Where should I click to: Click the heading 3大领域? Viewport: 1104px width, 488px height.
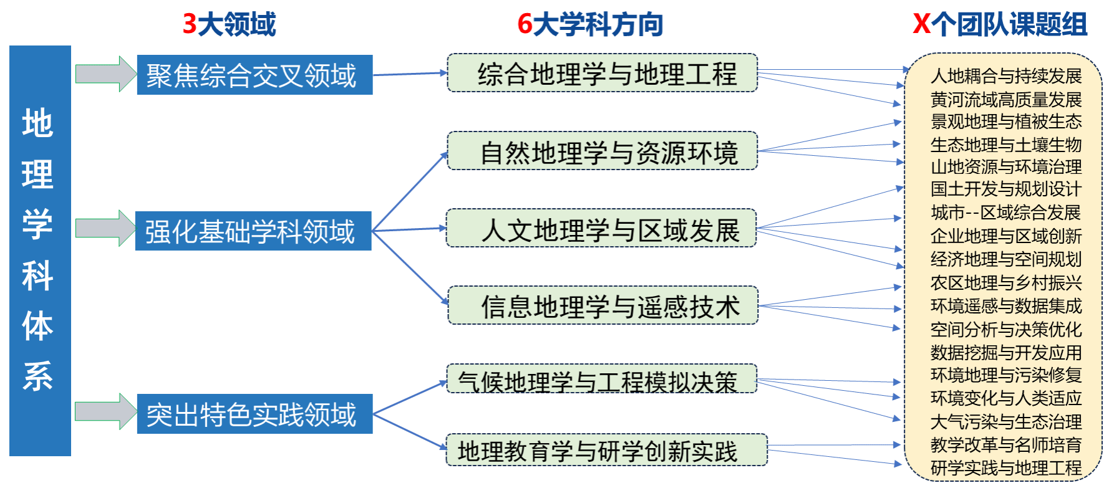(x=229, y=24)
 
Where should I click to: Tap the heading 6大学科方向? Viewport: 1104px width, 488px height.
(x=589, y=24)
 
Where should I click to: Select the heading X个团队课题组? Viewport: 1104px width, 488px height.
(x=1000, y=24)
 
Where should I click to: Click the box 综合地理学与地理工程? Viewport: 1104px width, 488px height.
(x=603, y=74)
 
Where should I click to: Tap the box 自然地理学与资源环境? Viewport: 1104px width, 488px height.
(x=603, y=151)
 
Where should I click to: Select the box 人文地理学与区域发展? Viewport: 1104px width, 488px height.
(x=601, y=229)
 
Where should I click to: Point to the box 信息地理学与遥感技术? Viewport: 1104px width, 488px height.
(x=603, y=306)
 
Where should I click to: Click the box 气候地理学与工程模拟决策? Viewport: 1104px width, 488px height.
(x=601, y=380)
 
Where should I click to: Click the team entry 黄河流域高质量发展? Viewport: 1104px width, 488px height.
(x=1005, y=99)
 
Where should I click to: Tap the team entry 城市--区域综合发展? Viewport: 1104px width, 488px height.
(x=1005, y=213)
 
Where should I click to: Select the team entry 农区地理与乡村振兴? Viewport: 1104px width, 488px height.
(x=1005, y=282)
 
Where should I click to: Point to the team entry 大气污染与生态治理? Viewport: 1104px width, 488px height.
(x=1005, y=421)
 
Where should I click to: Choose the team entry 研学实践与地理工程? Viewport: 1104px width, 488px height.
(x=1005, y=467)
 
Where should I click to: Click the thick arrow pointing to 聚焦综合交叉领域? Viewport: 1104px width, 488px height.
(x=105, y=74)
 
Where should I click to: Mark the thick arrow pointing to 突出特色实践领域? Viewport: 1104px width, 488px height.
(x=105, y=411)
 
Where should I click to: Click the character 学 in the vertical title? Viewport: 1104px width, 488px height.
(x=37, y=224)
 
